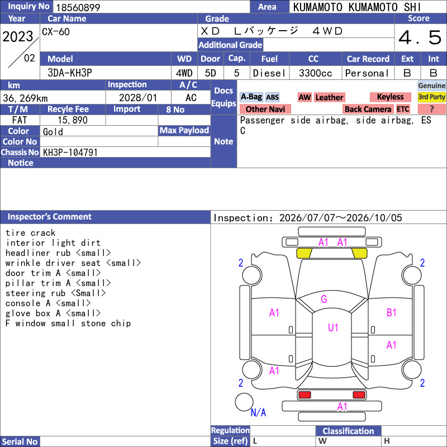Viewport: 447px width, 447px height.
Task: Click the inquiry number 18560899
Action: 78,7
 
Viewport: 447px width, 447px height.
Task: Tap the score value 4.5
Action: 420,37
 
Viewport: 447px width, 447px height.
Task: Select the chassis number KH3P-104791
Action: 70,153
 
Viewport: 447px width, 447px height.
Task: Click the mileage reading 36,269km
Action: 25,98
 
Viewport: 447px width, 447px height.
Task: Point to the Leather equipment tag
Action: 329,97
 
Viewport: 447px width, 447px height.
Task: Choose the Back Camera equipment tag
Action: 368,109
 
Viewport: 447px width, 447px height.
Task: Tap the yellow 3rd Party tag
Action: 431,97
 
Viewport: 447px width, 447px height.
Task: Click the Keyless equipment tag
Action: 390,97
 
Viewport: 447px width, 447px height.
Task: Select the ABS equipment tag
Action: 272,97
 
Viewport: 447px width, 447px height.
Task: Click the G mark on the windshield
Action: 324,299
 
